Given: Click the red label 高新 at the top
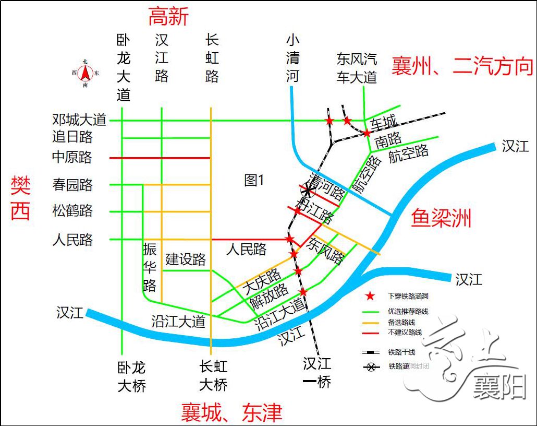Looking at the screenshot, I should (x=168, y=17).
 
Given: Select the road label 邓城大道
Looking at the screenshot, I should (x=79, y=120).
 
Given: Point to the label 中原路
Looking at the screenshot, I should (x=72, y=157).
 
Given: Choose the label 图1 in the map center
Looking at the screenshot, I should (x=254, y=181).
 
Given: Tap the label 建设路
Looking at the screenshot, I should (x=186, y=259).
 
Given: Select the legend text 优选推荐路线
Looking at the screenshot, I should (x=408, y=311).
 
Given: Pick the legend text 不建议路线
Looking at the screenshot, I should (x=405, y=332).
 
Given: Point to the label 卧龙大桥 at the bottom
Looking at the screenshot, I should (x=131, y=376).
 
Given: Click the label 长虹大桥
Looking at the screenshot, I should (x=213, y=376).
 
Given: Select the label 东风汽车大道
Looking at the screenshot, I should (x=357, y=68).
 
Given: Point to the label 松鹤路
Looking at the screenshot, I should (x=72, y=211).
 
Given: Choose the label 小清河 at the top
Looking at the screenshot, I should (x=293, y=58).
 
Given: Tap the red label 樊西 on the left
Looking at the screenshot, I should (x=21, y=198).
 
